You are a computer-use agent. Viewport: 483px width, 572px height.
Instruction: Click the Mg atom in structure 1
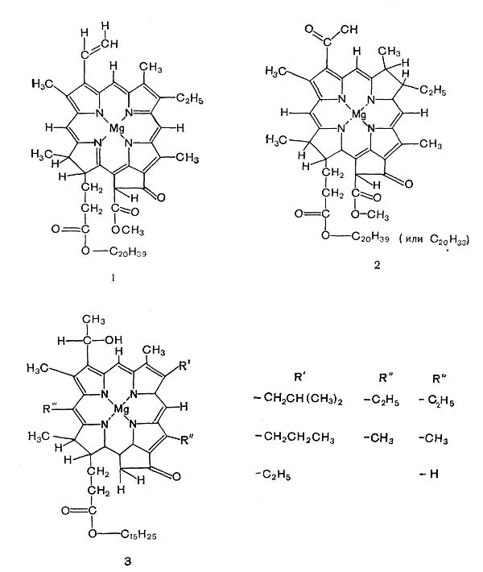tap(117, 129)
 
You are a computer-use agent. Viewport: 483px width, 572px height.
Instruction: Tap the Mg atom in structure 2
tap(359, 115)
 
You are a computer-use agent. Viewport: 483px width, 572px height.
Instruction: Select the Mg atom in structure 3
tap(122, 409)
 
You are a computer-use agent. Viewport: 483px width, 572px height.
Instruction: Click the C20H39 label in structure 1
tap(127, 252)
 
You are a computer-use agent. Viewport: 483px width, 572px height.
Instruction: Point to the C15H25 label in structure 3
tap(138, 535)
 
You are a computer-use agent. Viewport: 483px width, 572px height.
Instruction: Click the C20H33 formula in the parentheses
tap(448, 239)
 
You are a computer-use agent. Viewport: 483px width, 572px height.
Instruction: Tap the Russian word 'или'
tap(414, 239)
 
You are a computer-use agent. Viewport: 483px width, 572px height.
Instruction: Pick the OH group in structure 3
tap(114, 340)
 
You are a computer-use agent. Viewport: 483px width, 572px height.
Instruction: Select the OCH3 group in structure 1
tap(127, 230)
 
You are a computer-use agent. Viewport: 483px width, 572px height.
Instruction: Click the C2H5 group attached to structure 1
tap(189, 98)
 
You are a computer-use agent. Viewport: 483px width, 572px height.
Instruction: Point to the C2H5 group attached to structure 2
tap(433, 90)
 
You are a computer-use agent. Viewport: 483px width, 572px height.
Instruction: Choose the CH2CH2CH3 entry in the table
tap(295, 437)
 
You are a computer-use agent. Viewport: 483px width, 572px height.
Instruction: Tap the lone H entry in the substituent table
tap(430, 474)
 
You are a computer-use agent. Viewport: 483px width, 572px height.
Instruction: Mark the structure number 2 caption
tap(377, 266)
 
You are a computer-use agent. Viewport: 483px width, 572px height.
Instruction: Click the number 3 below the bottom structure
tap(127, 562)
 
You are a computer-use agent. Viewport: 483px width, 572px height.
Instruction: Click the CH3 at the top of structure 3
tap(93, 320)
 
